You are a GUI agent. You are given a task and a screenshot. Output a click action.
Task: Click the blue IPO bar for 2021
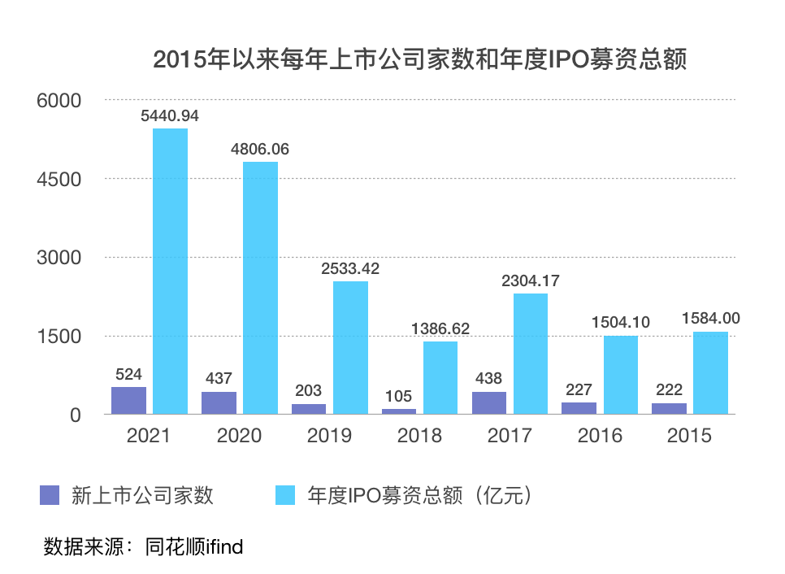click(170, 272)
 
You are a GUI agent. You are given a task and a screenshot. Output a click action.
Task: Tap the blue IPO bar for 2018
click(440, 378)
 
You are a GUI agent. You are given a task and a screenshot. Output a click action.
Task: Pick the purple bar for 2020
click(219, 403)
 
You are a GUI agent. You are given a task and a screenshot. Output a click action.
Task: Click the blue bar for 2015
click(710, 373)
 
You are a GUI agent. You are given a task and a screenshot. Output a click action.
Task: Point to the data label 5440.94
click(170, 116)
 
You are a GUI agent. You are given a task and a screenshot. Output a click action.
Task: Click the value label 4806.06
click(260, 150)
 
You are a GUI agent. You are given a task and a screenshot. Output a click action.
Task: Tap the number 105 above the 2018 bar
click(399, 397)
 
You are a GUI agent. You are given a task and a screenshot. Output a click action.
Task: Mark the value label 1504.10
click(621, 323)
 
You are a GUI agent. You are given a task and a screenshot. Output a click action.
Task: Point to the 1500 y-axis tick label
click(60, 336)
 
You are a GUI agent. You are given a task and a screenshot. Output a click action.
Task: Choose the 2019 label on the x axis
click(329, 436)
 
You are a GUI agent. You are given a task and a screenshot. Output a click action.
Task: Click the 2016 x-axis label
click(600, 436)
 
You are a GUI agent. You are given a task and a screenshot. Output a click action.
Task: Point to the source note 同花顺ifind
click(194, 546)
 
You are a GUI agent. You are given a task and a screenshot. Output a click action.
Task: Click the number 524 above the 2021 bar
click(128, 375)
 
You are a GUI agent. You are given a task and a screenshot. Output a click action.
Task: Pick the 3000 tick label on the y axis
click(60, 258)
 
